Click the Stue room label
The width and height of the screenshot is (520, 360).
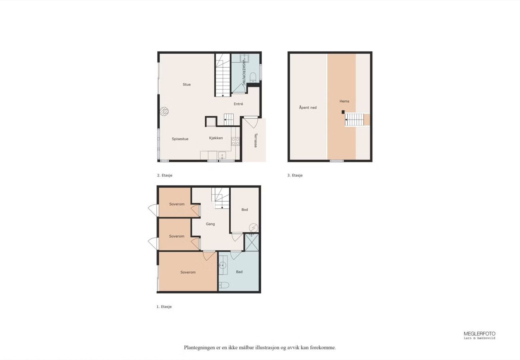click(x=187, y=84)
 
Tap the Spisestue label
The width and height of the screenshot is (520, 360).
click(x=180, y=139)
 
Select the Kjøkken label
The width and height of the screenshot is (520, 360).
click(x=216, y=138)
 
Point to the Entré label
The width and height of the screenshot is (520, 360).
click(x=238, y=104)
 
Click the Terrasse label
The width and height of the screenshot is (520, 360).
click(x=256, y=140)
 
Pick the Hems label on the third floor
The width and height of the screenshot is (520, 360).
click(x=344, y=101)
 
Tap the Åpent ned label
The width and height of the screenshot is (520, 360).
click(x=308, y=108)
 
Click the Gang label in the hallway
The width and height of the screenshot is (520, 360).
click(x=210, y=224)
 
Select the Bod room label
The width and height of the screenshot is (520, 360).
click(x=245, y=210)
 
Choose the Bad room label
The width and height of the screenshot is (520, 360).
click(x=239, y=272)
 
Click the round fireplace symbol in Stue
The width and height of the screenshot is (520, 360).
click(x=164, y=112)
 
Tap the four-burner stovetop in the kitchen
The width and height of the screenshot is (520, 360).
click(x=235, y=141)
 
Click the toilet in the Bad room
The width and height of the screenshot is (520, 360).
click(x=224, y=285)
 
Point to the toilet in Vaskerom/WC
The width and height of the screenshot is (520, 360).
click(x=253, y=78)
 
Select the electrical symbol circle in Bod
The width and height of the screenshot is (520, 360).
click(x=254, y=228)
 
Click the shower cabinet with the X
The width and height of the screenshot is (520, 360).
click(x=252, y=242)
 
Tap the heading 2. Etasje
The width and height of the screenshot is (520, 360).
click(x=164, y=176)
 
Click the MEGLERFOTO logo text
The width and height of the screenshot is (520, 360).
click(x=479, y=334)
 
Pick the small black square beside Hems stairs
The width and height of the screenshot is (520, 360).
click(x=343, y=112)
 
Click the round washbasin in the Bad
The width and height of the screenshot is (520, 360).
click(x=222, y=265)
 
